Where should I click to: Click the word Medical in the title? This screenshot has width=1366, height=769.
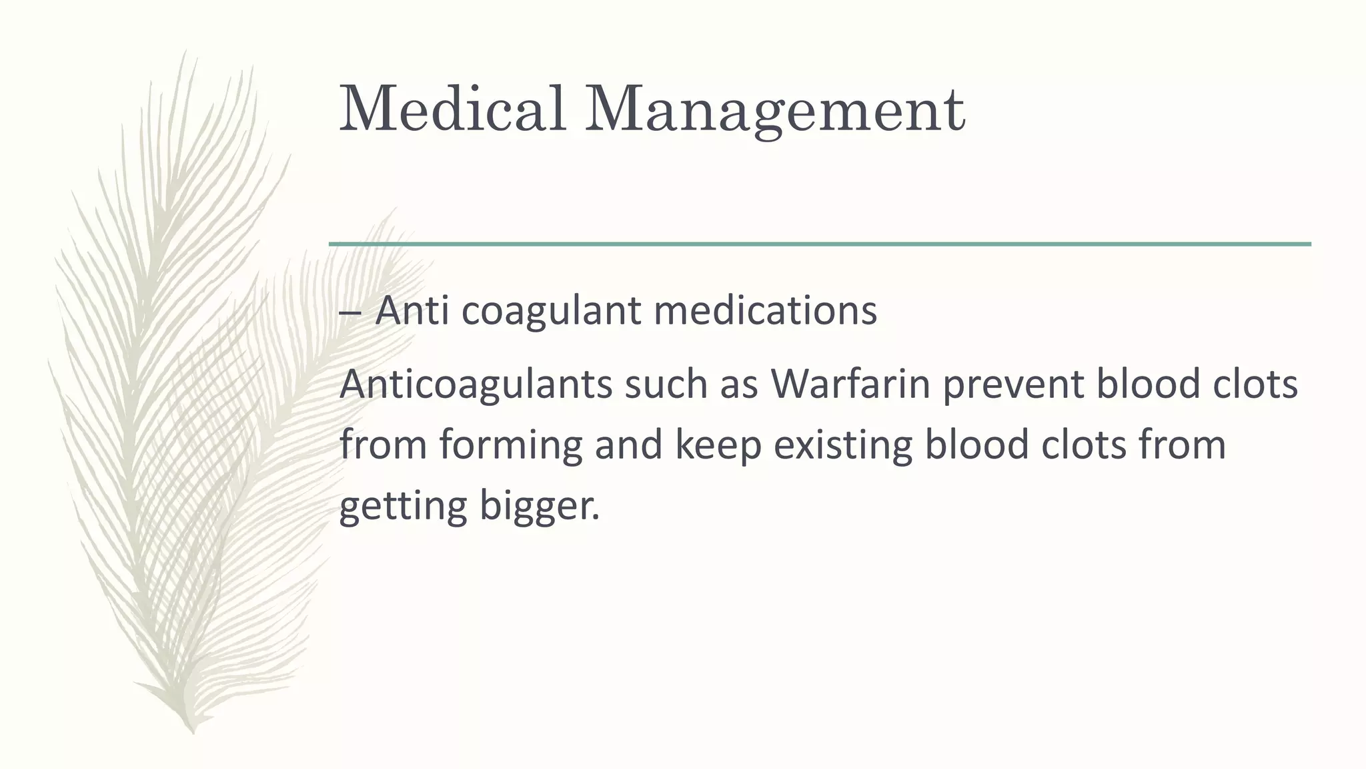[453, 108]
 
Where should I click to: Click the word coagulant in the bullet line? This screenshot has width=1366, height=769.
[551, 312]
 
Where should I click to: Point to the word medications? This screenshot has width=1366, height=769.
[765, 310]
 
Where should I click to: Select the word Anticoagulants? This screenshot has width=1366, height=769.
[476, 385]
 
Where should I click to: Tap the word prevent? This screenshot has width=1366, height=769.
[1013, 385]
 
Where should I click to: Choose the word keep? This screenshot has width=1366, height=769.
[718, 446]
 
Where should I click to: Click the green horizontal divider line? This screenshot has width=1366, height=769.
[820, 244]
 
